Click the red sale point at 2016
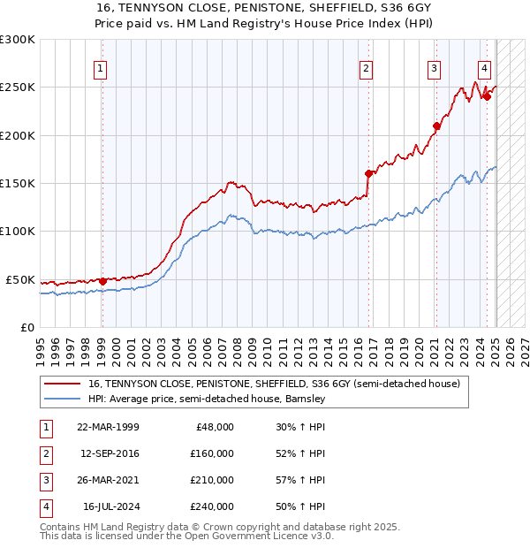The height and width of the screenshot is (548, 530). point(368,173)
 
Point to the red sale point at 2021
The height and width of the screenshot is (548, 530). point(436,126)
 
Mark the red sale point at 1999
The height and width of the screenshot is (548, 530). point(102,281)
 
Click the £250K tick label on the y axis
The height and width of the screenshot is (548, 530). point(18,88)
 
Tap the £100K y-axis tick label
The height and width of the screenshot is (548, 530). point(18,231)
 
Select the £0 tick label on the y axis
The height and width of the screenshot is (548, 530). point(26,327)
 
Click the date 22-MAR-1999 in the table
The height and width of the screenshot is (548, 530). point(108,427)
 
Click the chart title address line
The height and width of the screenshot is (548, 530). point(265,7)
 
